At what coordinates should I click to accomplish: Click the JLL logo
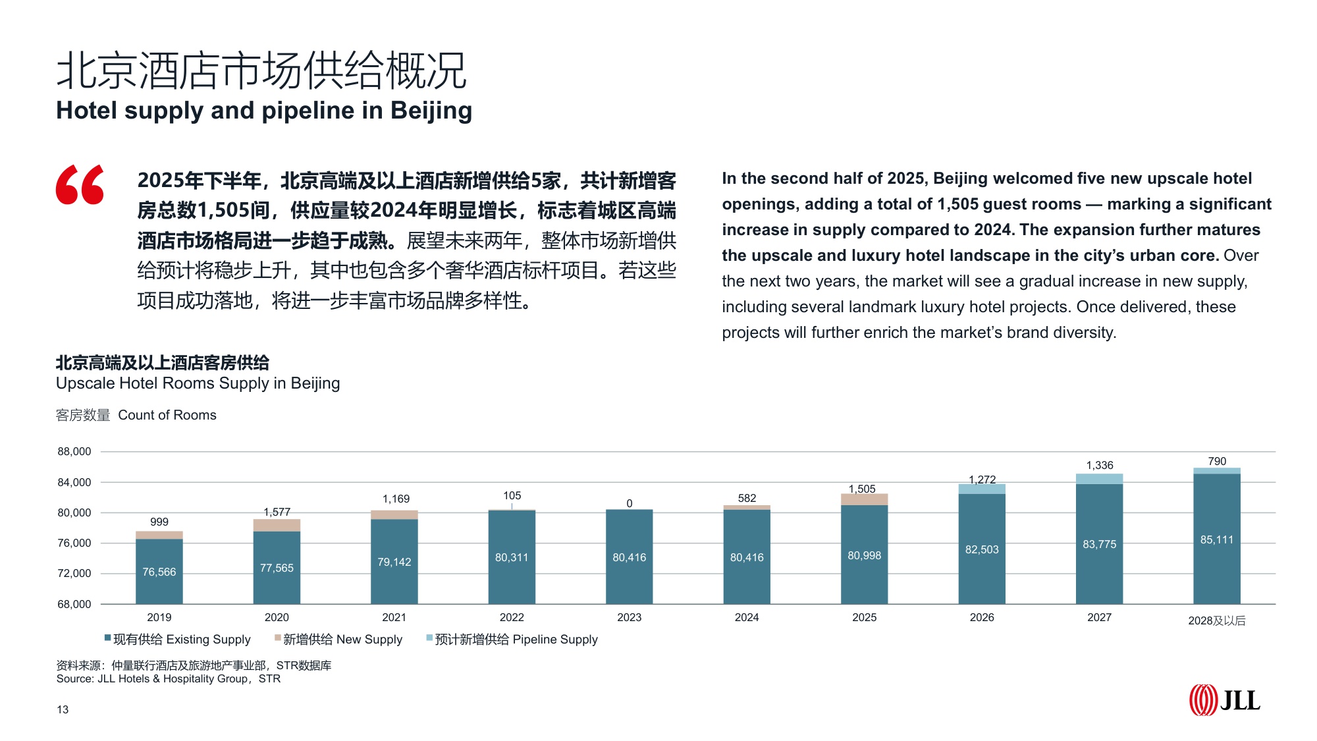pos(1224,700)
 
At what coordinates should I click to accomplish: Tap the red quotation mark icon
pos(80,184)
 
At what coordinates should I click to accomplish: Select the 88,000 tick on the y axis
pos(74,452)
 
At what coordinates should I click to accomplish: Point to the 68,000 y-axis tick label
pos(74,604)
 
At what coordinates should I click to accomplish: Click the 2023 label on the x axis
pos(629,617)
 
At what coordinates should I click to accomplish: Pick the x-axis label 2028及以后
pos(1216,620)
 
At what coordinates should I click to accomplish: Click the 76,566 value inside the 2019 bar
pos(159,572)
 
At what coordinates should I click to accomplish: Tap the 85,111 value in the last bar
pos(1216,539)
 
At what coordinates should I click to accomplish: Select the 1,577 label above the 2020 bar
pos(277,512)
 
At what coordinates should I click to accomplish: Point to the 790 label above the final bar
pos(1217,461)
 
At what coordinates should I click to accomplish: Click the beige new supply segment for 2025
pos(864,499)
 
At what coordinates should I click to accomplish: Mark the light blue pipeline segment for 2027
pos(1099,479)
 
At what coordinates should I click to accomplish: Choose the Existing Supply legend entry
pos(178,639)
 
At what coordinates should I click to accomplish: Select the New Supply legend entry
pos(338,639)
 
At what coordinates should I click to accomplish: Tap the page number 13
pos(63,709)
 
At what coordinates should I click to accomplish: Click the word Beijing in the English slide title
pos(431,111)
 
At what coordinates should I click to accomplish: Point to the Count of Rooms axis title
pos(167,415)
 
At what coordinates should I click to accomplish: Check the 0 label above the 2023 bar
pos(630,503)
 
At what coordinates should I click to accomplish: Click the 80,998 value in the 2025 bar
pos(864,555)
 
